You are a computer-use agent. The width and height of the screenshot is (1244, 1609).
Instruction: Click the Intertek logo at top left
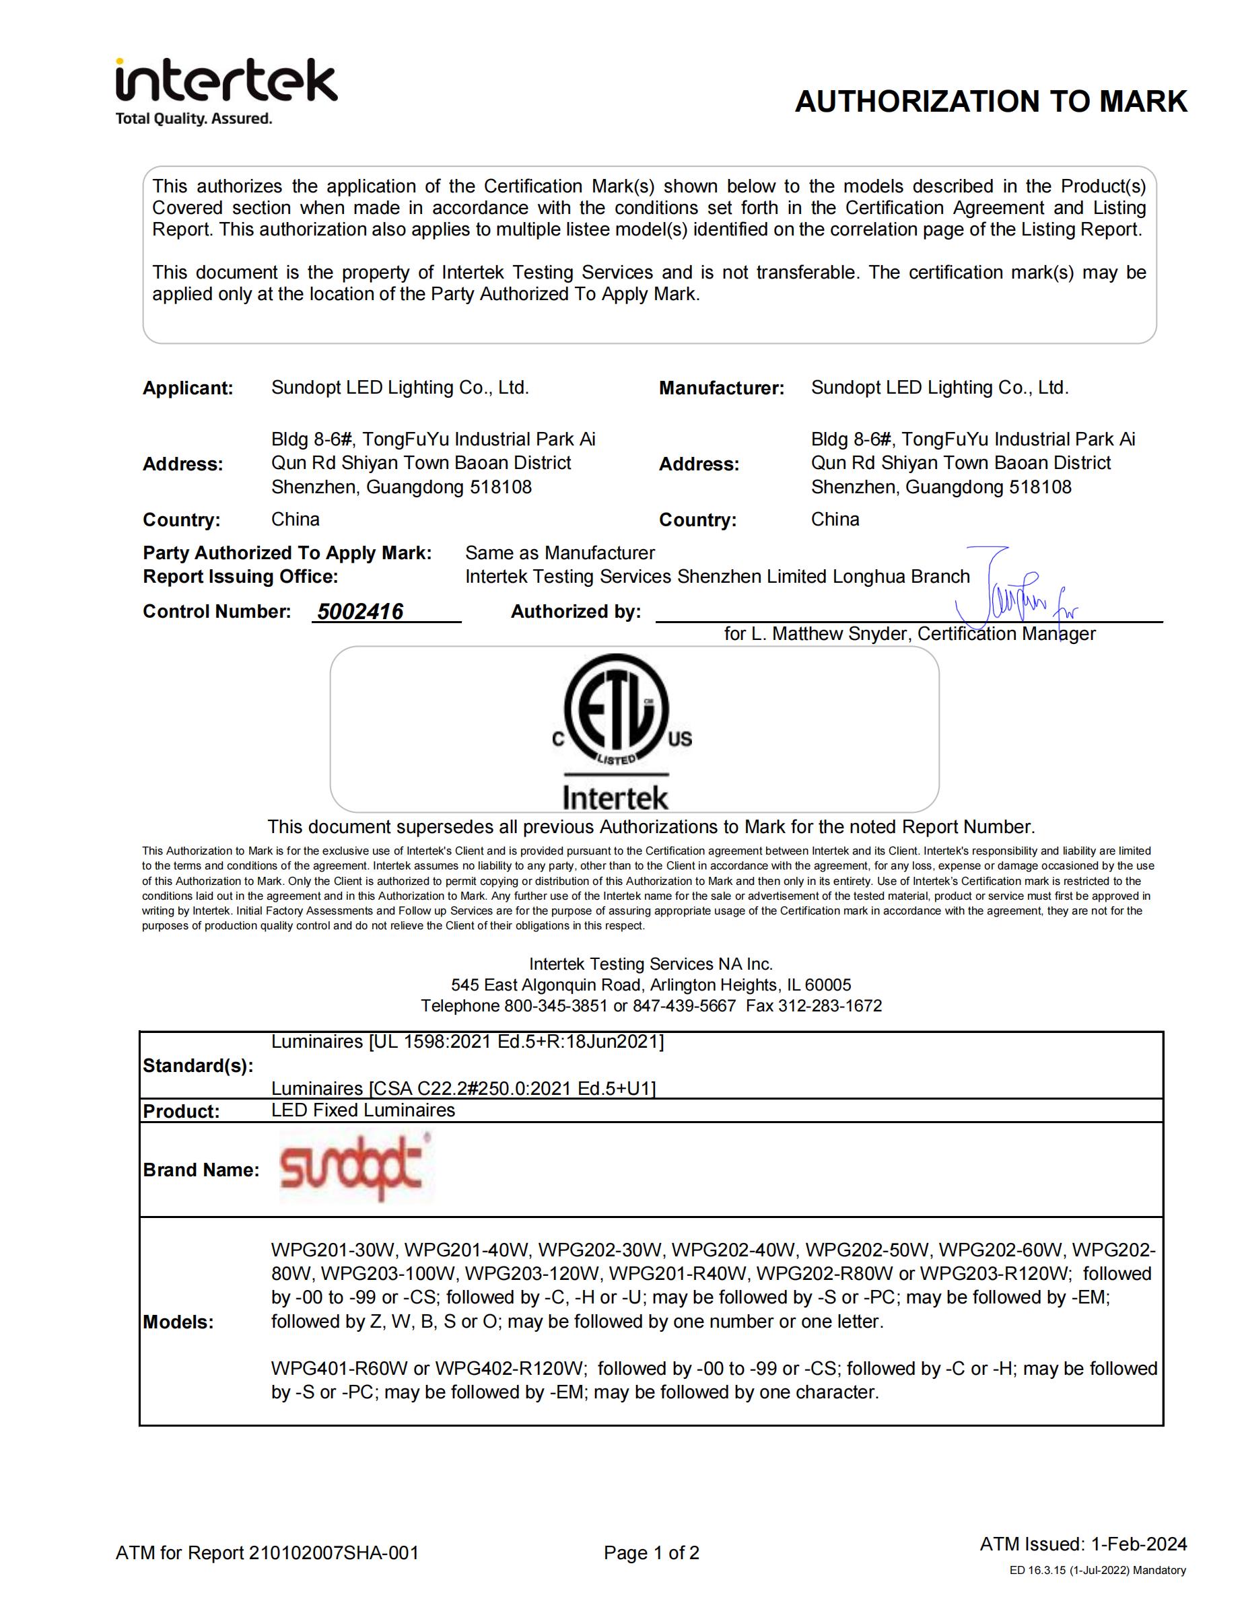pyautogui.click(x=226, y=81)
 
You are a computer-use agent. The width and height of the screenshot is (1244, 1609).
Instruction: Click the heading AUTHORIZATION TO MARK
pyautogui.click(x=990, y=102)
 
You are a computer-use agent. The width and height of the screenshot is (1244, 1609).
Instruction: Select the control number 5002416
pyautogui.click(x=360, y=612)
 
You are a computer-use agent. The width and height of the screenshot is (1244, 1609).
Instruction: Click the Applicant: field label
pyautogui.click(x=188, y=388)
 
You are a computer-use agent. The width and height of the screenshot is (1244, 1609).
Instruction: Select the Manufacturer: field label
pyautogui.click(x=721, y=388)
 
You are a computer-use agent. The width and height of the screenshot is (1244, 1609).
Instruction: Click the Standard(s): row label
pyautogui.click(x=198, y=1066)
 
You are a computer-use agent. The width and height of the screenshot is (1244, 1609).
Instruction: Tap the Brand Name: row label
pyautogui.click(x=201, y=1170)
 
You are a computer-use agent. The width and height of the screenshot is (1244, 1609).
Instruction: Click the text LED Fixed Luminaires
pyautogui.click(x=363, y=1110)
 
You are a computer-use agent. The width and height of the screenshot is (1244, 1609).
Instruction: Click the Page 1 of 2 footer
pyautogui.click(x=652, y=1553)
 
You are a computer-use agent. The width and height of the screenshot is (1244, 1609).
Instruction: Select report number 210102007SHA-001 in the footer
pyautogui.click(x=334, y=1553)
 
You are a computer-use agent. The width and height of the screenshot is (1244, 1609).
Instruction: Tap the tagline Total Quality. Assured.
pyautogui.click(x=194, y=118)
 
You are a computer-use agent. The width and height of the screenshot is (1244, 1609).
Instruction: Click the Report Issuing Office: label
pyautogui.click(x=240, y=576)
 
